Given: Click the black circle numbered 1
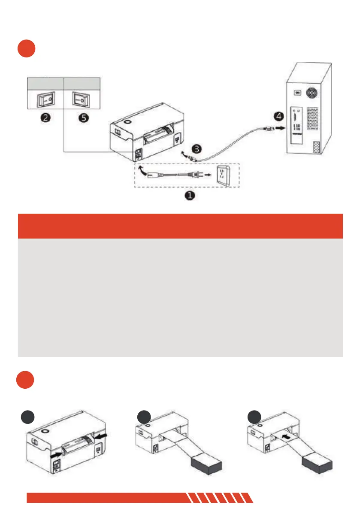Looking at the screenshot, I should click(x=190, y=196).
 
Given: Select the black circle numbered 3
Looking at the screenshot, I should click(x=196, y=149).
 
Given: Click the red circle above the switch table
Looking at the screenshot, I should click(x=26, y=49).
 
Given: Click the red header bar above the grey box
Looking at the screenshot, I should click(x=180, y=226).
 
